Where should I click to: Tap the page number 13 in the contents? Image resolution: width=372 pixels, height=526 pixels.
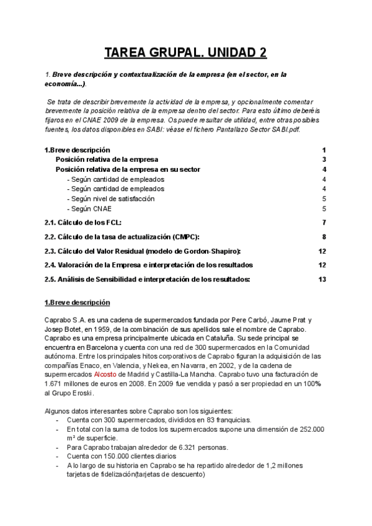(x=322, y=279)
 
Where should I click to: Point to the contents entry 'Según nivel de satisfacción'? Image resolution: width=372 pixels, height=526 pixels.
(x=113, y=198)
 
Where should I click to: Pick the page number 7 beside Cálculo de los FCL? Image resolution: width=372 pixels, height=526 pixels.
(x=324, y=222)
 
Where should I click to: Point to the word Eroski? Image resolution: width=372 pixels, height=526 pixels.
(x=82, y=393)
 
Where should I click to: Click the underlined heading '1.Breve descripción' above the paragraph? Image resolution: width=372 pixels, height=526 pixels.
(x=77, y=302)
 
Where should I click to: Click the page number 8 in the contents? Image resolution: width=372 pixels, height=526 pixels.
(x=324, y=236)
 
